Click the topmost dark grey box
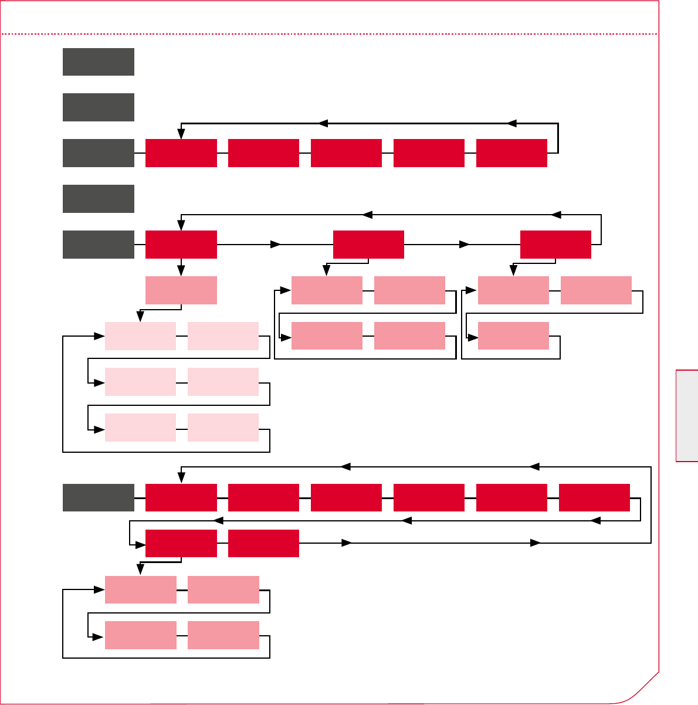[x=99, y=62]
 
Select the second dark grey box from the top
[x=99, y=107]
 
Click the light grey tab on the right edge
[x=687, y=416]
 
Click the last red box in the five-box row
[x=511, y=153]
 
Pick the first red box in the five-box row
[x=181, y=153]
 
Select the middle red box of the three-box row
[x=368, y=245]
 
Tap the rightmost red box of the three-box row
[x=555, y=245]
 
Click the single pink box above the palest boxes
[x=181, y=290]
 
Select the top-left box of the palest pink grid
[x=140, y=336]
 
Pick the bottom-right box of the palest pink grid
[x=223, y=428]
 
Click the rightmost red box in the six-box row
[x=594, y=498]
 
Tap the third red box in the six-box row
[x=346, y=498]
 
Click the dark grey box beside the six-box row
[x=99, y=498]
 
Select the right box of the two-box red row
[x=263, y=543]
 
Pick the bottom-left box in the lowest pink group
[x=141, y=635]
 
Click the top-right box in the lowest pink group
[x=223, y=589]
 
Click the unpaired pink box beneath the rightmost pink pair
[x=513, y=336]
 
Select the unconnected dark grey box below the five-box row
[x=99, y=199]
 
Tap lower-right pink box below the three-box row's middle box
[x=409, y=336]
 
